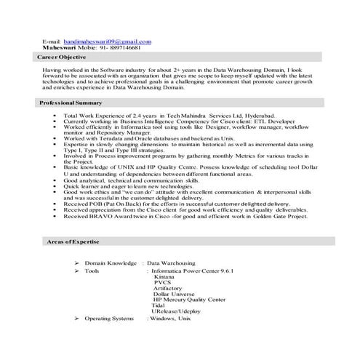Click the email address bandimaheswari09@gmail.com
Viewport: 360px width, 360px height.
coord(107,42)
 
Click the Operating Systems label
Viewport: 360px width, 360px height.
coord(109,318)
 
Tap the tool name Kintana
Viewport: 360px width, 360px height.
coord(164,276)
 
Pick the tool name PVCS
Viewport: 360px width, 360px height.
coord(162,283)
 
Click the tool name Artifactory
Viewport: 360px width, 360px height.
coord(168,289)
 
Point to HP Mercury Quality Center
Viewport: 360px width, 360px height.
coord(189,300)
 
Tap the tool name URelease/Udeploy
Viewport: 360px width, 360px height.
coord(177,311)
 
